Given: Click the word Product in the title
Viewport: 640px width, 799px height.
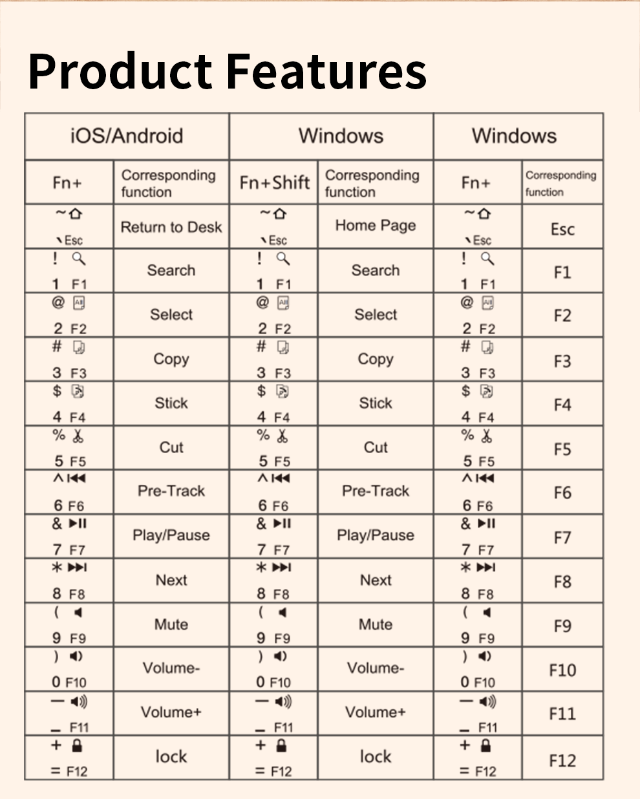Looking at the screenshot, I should click(x=120, y=70).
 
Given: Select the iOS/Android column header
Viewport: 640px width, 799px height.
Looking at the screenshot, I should click(x=127, y=136).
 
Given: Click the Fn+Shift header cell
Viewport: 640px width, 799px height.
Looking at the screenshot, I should click(x=274, y=183).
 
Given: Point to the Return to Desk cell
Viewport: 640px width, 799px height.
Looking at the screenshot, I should click(x=171, y=227).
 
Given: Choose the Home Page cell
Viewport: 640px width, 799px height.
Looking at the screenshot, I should click(x=376, y=226).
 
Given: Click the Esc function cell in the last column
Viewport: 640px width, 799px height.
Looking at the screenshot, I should click(x=562, y=229).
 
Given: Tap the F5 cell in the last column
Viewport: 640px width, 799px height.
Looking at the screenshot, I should click(x=562, y=449).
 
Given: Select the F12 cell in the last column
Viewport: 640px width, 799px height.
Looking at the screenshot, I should click(x=562, y=760).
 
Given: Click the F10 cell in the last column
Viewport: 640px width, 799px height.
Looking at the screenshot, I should click(x=562, y=670).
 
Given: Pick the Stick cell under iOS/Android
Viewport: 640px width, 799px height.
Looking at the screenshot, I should click(x=171, y=403).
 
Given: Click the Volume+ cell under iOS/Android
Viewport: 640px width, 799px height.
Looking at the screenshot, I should click(x=171, y=712).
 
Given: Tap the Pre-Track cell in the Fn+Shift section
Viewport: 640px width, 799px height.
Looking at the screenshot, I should click(x=376, y=491).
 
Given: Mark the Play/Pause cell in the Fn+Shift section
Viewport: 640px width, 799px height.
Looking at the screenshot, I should click(x=376, y=535).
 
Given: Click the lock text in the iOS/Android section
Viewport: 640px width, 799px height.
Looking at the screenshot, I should click(x=171, y=756).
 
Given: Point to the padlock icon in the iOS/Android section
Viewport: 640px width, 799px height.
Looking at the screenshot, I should click(x=78, y=745).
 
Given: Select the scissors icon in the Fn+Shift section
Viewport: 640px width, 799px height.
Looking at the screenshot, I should click(x=282, y=436).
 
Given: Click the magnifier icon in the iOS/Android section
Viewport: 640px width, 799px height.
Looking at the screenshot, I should click(x=79, y=259).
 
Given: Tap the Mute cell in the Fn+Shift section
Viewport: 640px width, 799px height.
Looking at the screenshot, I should click(x=376, y=624).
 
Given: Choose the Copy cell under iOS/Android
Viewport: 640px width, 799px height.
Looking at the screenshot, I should click(x=171, y=359).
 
